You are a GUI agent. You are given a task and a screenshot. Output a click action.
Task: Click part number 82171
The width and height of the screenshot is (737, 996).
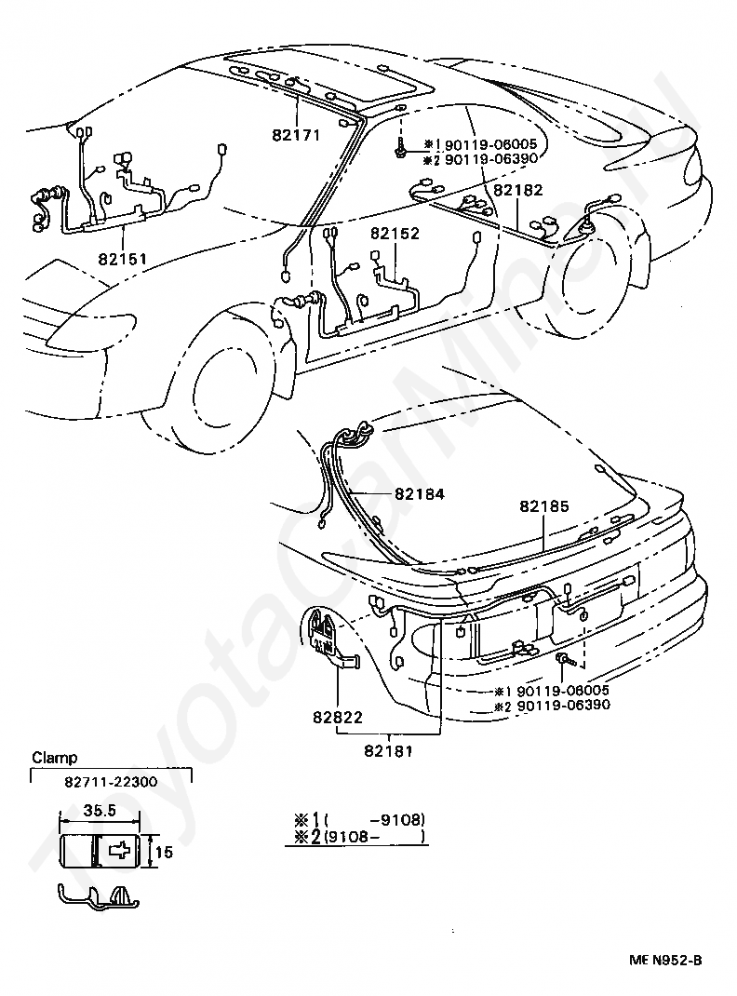[x=296, y=135]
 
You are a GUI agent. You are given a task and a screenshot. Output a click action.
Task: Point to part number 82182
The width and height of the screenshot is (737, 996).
[x=516, y=189]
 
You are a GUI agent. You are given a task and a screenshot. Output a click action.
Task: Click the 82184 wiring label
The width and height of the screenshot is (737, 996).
[x=419, y=494]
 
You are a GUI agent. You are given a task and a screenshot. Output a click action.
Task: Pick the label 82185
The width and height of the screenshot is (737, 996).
[x=543, y=505]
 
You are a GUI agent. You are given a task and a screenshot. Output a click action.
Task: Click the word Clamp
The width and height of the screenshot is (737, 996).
[x=55, y=758]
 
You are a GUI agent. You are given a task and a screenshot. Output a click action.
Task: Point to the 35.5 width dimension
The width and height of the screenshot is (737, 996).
[x=99, y=811]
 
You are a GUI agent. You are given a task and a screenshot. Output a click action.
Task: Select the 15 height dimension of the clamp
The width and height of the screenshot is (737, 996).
[x=164, y=851]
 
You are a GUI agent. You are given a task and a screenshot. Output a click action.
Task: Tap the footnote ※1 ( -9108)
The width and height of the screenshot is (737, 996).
[x=359, y=819]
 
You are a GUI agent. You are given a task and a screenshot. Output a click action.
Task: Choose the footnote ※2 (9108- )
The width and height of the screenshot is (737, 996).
[x=359, y=837]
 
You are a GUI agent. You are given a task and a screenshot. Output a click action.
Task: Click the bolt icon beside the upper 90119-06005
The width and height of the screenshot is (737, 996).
[x=399, y=146]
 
